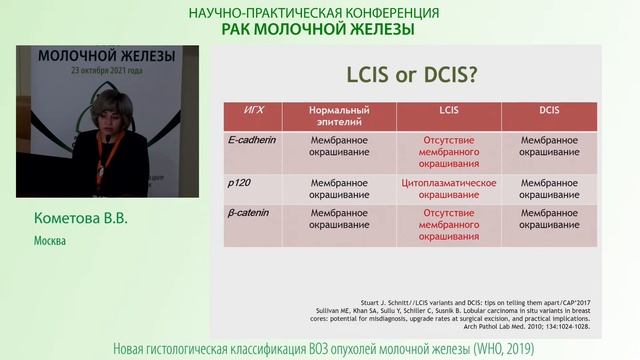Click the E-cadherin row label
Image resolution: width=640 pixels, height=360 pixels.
(x=253, y=141)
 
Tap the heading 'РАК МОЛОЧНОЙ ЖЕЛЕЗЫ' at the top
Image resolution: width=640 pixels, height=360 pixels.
(x=317, y=29)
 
